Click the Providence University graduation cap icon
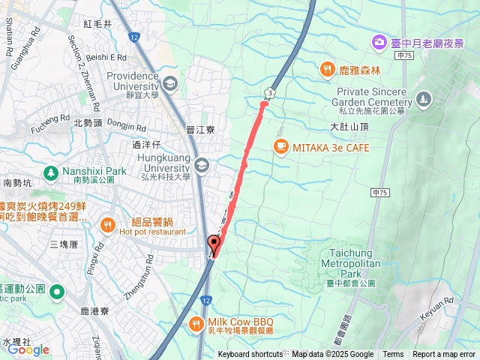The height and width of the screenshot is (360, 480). (170, 82)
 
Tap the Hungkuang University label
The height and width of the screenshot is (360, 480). (160, 158)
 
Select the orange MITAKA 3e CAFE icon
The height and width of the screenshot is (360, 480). (280, 148)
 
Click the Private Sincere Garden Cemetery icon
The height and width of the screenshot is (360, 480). (424, 98)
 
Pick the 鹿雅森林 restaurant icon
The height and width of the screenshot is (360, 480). (326, 70)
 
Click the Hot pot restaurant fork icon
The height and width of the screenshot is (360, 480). (108, 223)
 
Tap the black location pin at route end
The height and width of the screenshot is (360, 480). (214, 244)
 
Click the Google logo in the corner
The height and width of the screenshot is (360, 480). (28, 349)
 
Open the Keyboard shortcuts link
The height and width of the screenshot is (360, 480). (250, 355)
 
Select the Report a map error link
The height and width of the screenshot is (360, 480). (445, 355)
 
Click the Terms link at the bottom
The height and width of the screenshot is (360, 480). (393, 355)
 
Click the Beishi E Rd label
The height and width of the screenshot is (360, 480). (107, 57)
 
